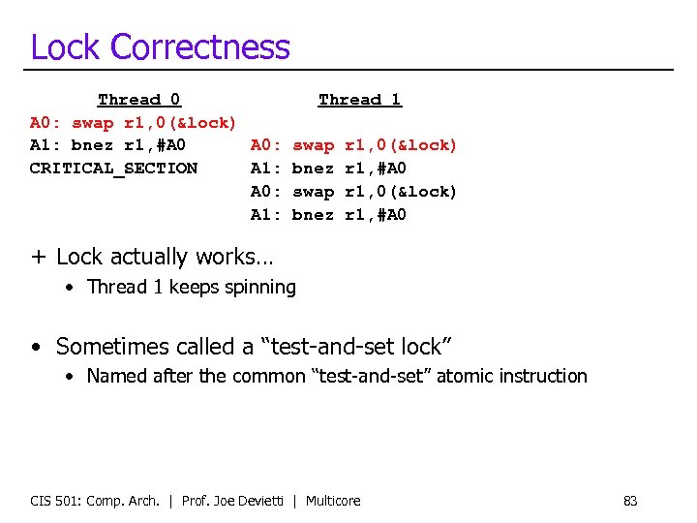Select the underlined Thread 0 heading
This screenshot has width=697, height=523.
(138, 100)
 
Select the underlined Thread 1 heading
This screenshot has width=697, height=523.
(359, 100)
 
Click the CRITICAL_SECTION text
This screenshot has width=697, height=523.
(113, 169)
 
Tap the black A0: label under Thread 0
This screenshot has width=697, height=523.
(45, 123)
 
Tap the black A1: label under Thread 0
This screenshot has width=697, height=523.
(45, 145)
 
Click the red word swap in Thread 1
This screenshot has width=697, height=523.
(313, 145)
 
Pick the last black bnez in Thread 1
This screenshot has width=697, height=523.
(313, 215)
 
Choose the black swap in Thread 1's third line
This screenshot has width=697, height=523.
(313, 192)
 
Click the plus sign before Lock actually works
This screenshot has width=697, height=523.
(38, 258)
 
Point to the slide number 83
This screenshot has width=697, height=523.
(630, 501)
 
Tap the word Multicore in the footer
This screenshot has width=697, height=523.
(333, 501)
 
